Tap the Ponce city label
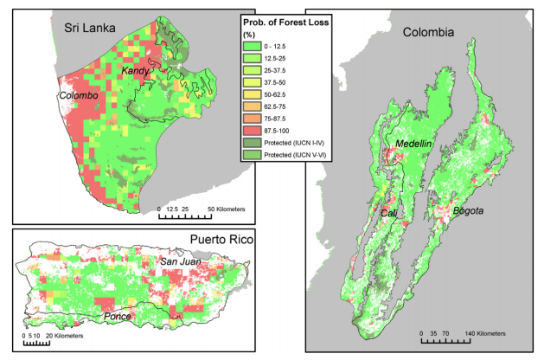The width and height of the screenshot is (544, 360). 118,317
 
